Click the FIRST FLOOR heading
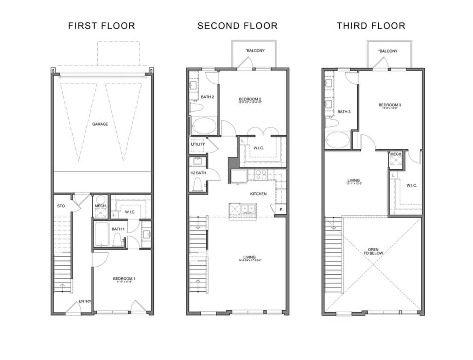click(x=102, y=26)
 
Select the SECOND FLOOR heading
click(x=237, y=26)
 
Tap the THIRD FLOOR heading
click(x=371, y=26)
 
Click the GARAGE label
click(x=100, y=124)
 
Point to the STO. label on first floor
click(x=61, y=206)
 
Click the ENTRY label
click(x=85, y=302)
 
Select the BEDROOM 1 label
click(x=122, y=279)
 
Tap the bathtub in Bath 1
click(x=102, y=234)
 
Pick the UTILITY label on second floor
click(x=198, y=144)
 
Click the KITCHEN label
click(x=258, y=194)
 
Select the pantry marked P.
click(x=281, y=210)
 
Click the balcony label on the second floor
click(x=255, y=51)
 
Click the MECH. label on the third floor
click(x=396, y=154)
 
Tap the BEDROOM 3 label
click(x=389, y=105)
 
